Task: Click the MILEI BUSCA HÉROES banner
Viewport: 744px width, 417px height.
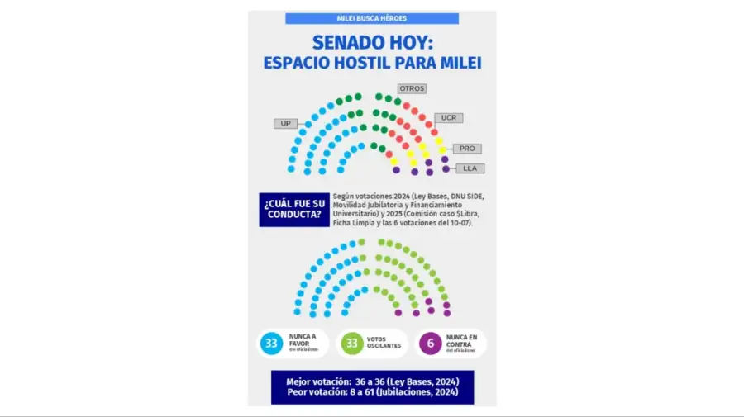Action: (372, 18)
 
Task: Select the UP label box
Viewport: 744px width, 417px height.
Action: (286, 124)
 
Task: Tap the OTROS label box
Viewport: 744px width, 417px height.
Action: (412, 88)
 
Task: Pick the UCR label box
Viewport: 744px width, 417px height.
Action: (448, 117)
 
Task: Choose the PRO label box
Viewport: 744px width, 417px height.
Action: (467, 149)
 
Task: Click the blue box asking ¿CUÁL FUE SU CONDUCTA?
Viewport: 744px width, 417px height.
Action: (293, 210)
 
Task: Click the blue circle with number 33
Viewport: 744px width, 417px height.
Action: (270, 344)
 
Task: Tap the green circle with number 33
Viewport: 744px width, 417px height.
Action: (351, 344)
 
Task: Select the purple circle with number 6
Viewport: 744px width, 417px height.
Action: (431, 344)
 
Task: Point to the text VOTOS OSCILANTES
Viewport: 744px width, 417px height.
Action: (384, 343)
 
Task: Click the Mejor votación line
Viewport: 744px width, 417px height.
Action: (372, 381)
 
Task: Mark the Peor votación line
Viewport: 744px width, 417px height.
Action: (372, 394)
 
